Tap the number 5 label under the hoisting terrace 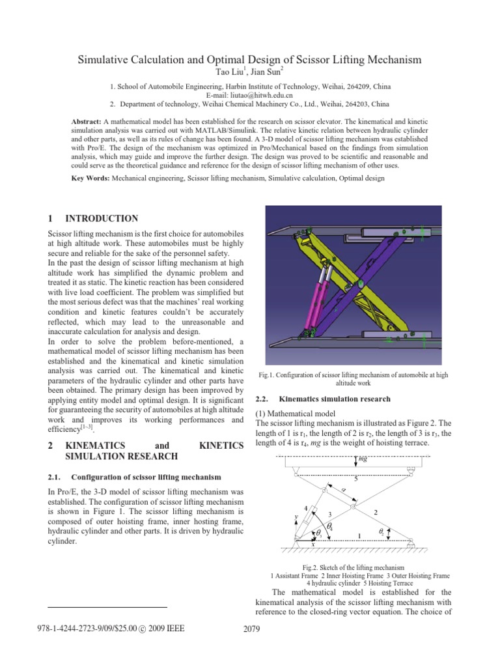(x=355, y=479)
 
